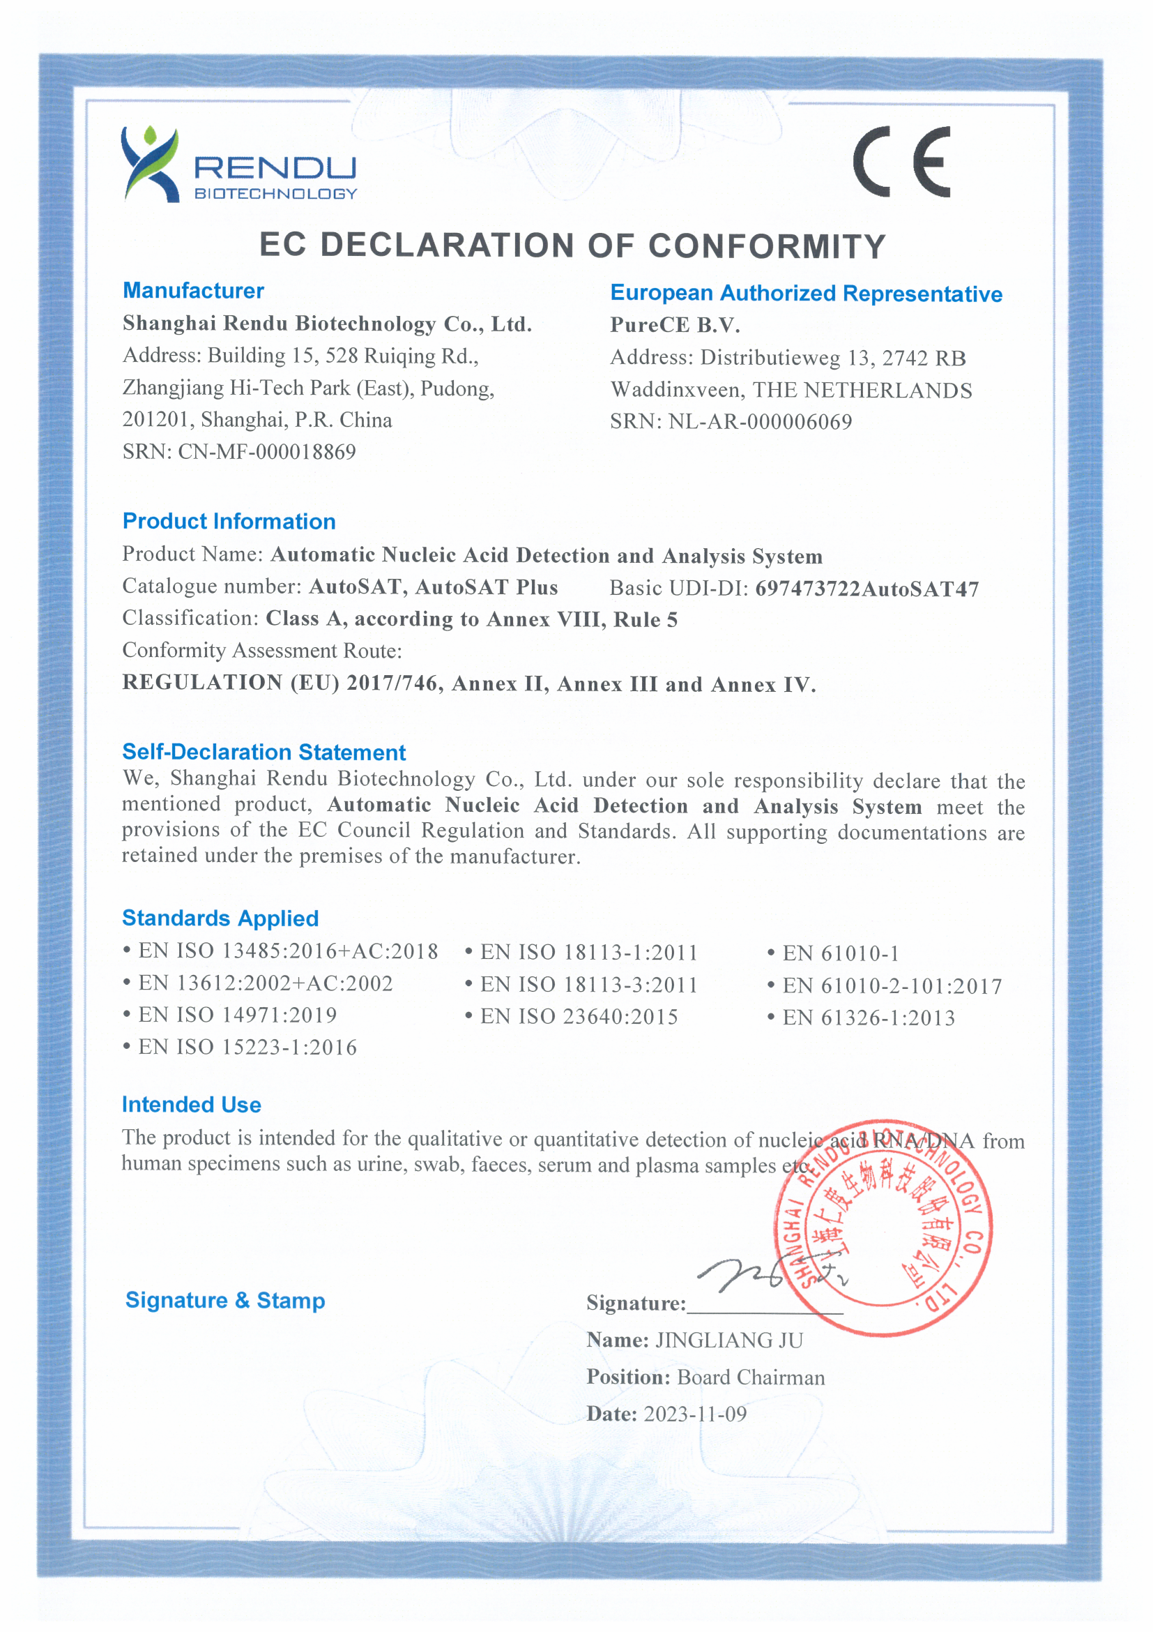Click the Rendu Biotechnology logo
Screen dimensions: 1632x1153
tap(238, 165)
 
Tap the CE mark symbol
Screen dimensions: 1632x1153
tap(901, 162)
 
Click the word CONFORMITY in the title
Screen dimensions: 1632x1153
tap(767, 247)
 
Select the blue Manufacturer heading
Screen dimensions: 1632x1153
tap(193, 291)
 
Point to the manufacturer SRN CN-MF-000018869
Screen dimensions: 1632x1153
tap(266, 452)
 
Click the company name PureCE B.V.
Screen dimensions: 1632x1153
tap(675, 326)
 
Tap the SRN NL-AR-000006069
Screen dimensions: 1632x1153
tap(759, 422)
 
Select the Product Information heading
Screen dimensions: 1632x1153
tap(229, 521)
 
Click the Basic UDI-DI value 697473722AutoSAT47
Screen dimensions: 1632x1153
tap(866, 589)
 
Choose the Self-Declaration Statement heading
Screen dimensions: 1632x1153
tap(264, 752)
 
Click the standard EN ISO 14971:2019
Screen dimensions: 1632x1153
tap(237, 1015)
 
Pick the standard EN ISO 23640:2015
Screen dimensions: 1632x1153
tap(579, 1017)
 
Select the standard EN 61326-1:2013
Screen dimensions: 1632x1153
tap(868, 1018)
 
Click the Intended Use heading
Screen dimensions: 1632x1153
tap(191, 1105)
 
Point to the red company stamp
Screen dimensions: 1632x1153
tap(884, 1228)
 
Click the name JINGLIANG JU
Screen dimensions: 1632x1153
tap(729, 1340)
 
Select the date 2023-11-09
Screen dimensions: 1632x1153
tap(695, 1414)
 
